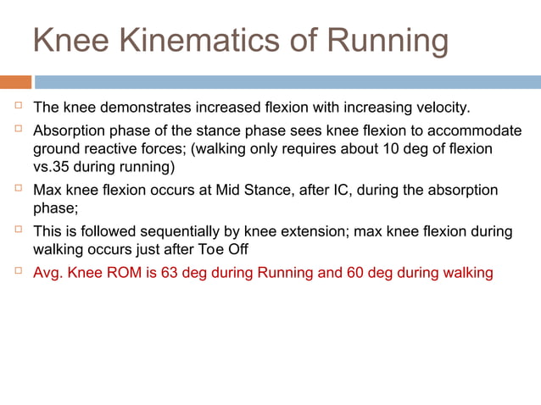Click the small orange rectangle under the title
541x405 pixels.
click(15, 82)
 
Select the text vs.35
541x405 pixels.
click(53, 167)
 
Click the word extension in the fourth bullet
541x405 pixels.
click(304, 231)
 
